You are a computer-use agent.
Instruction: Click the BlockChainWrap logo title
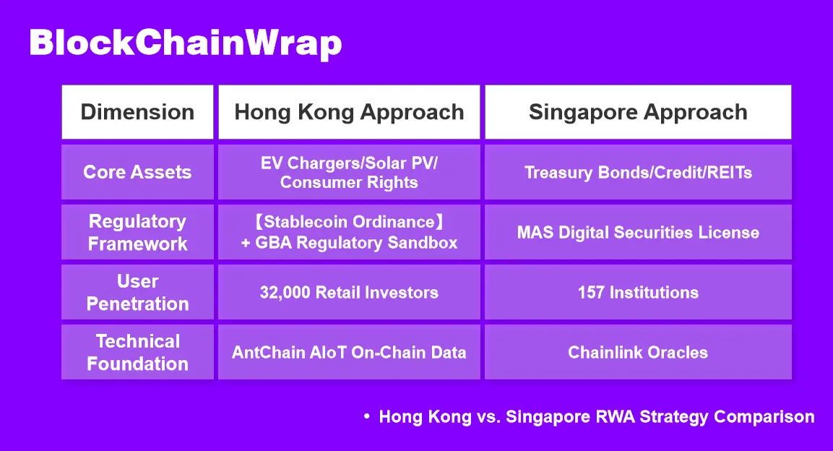(186, 43)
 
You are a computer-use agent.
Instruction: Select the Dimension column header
(137, 112)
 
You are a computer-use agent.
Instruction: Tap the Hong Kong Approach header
(349, 112)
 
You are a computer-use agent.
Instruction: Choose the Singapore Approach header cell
(638, 112)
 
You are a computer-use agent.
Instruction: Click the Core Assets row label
(137, 172)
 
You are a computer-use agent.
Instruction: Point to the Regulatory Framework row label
(137, 232)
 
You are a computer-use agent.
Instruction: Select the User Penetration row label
(137, 292)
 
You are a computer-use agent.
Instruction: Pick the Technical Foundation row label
(137, 352)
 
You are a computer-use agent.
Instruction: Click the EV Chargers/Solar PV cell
(349, 172)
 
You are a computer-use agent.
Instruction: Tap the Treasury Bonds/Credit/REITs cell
(638, 172)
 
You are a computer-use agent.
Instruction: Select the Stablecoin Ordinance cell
(349, 232)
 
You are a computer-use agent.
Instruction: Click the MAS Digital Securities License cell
(638, 232)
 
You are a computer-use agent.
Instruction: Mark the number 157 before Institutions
(591, 293)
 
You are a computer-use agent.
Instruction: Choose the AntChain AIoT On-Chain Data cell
(349, 352)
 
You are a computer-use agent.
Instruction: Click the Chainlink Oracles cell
(638, 352)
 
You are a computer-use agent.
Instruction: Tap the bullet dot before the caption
(366, 416)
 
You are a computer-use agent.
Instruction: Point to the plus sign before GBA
(246, 244)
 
